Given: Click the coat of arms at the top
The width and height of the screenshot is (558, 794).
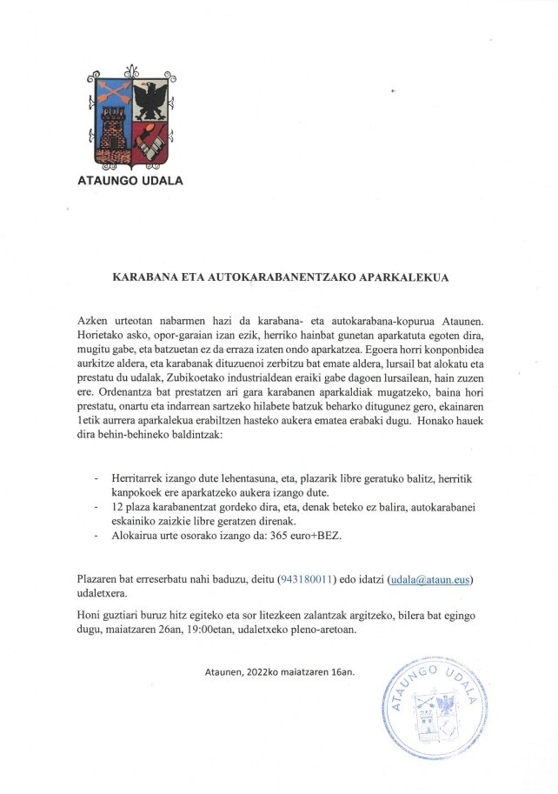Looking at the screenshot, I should click(x=129, y=117).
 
